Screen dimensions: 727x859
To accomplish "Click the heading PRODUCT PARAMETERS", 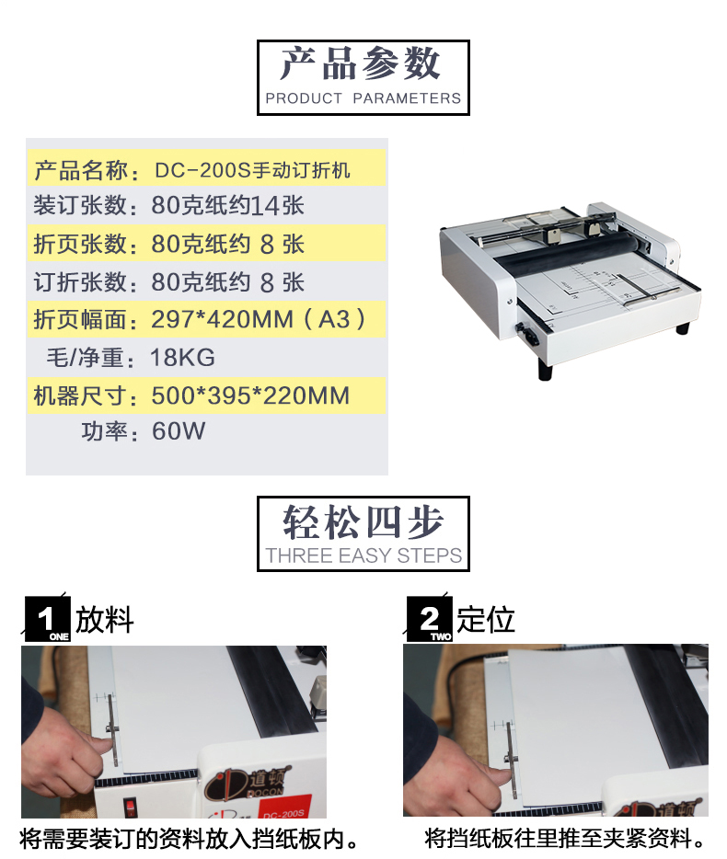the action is pos(363,98).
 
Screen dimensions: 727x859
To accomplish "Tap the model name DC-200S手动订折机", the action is pos(252,170).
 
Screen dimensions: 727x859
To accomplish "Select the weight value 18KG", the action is pos(182,357).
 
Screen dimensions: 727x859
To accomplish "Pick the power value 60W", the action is pos(179,430).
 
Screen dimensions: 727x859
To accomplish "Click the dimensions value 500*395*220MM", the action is pos(250,395).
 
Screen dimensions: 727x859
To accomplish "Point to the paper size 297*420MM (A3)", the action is pos(259,319).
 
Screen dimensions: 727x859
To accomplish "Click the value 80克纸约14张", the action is pos(227,205).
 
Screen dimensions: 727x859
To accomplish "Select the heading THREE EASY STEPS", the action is pos(363,555).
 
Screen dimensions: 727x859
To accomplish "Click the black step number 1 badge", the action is pos(47,619).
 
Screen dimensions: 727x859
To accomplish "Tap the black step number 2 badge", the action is pos(429,619).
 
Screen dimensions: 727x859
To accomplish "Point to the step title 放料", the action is pos(104,620).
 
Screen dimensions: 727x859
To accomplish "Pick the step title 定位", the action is pos(486,620).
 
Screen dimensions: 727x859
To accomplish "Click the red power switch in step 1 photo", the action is pos(130,807).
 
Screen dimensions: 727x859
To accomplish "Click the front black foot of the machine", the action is pos(545,370).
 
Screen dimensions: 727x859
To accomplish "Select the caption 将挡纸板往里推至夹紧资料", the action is pos(565,838).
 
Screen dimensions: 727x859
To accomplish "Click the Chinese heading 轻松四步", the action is pos(363,522).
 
